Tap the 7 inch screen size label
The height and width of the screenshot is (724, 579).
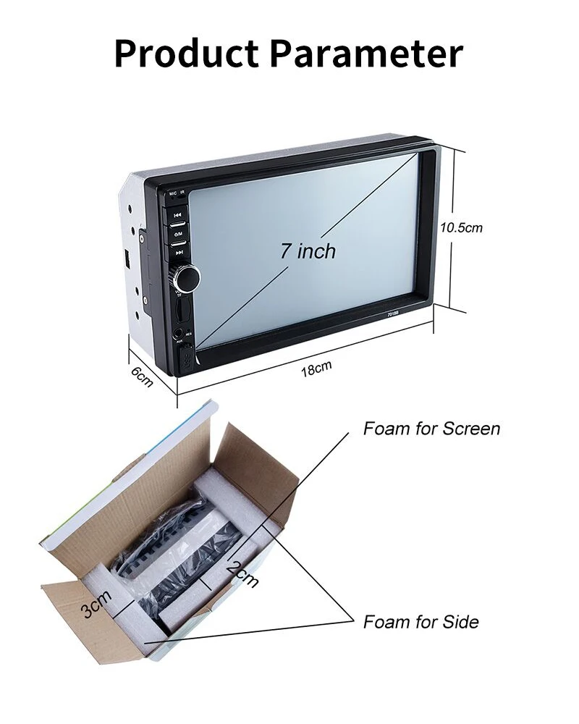point(308,251)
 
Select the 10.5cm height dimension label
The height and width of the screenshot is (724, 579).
point(462,227)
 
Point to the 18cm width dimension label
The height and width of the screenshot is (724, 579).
point(316,369)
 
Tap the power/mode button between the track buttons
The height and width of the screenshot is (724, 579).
point(178,233)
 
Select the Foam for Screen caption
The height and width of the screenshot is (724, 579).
point(431,429)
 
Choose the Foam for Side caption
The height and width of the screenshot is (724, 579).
point(420,622)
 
